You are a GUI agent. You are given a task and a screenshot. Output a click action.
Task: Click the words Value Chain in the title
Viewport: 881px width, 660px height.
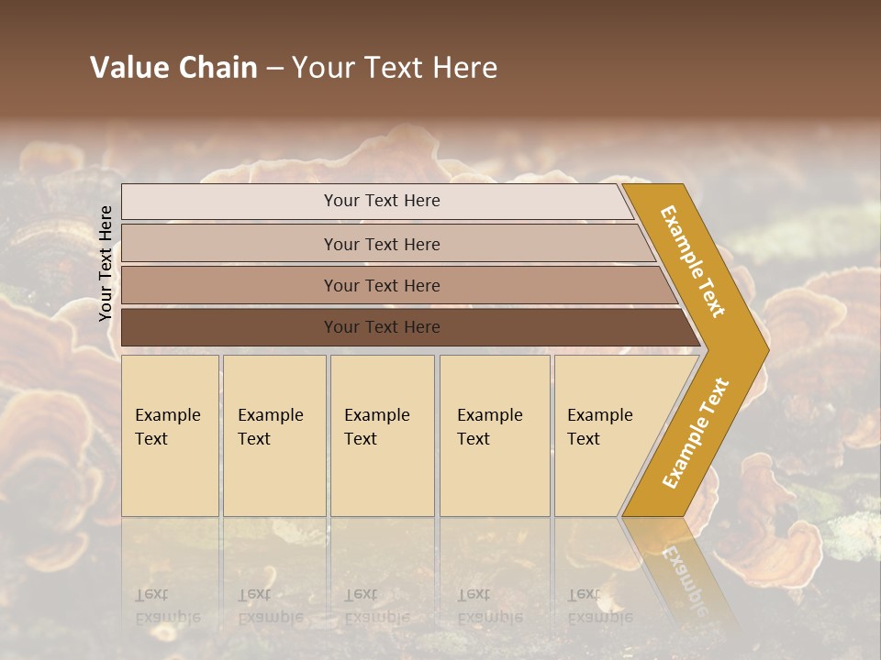tap(173, 68)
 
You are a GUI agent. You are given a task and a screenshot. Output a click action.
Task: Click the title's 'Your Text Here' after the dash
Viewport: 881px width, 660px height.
tap(395, 68)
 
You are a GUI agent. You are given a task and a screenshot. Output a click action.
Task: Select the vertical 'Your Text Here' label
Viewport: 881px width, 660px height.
tap(106, 263)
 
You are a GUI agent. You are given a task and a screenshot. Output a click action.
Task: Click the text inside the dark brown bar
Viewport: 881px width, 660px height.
tap(382, 327)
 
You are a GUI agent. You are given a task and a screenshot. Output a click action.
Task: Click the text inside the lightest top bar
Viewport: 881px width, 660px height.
tap(382, 201)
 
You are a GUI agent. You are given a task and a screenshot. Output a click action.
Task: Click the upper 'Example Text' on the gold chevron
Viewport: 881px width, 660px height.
tap(693, 261)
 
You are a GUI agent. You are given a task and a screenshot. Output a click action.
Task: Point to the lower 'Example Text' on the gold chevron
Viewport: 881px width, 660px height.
tap(696, 433)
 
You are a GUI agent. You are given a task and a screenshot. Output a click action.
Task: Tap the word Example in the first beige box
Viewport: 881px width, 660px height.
tap(167, 415)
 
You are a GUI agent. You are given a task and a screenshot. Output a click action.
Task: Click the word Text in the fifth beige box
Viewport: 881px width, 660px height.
tap(583, 439)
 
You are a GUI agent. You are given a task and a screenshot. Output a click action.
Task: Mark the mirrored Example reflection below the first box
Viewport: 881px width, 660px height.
tap(167, 617)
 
